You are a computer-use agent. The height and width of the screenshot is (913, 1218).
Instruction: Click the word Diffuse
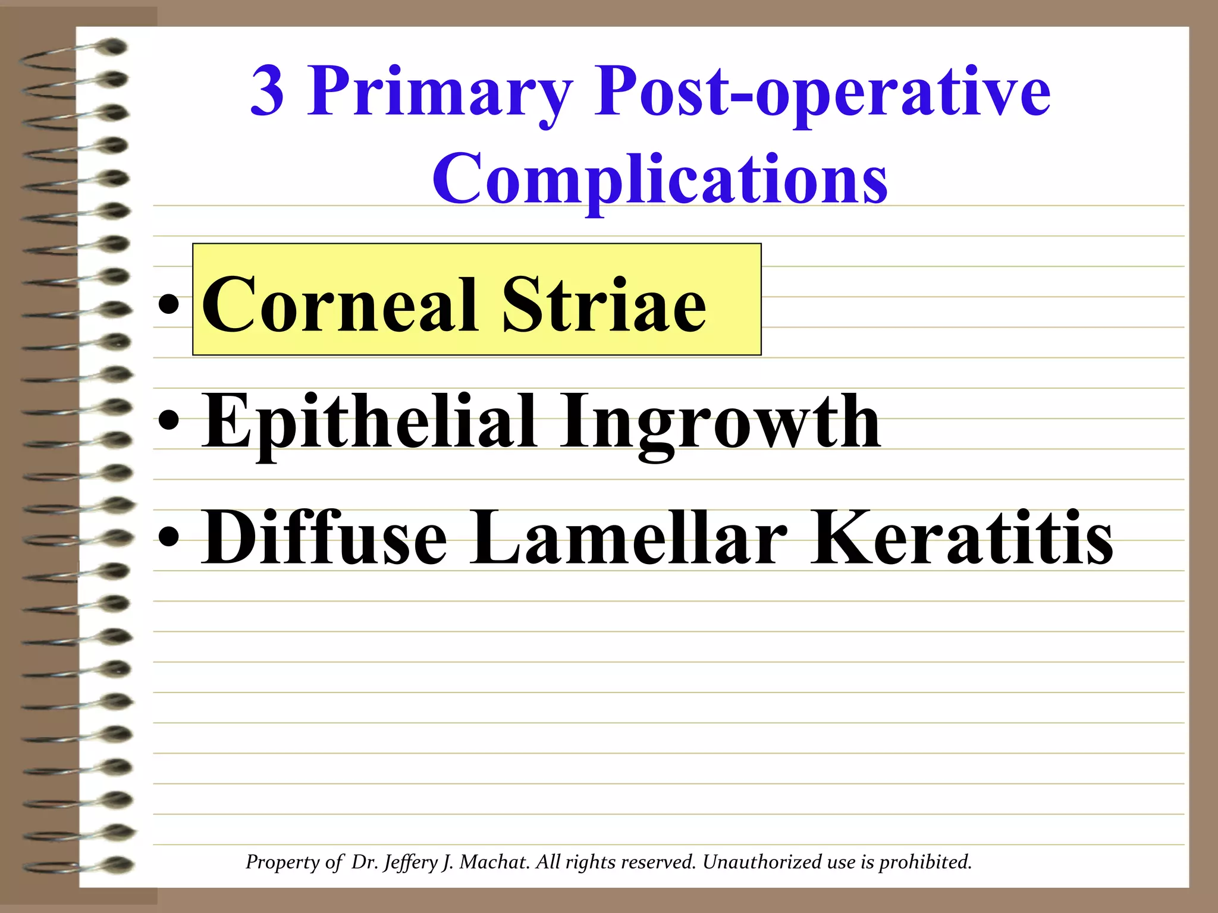click(x=324, y=538)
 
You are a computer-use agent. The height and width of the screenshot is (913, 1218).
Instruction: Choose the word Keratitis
click(x=961, y=538)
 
